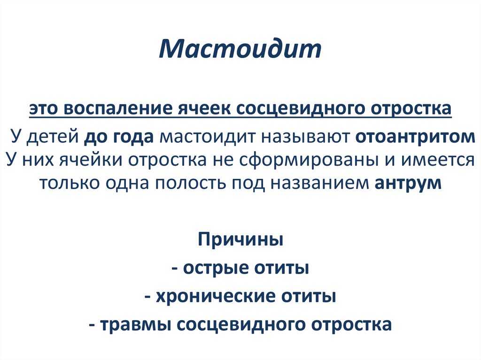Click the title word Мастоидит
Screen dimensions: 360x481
coord(240,49)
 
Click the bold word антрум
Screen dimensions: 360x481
coord(408,182)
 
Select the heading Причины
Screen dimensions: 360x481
coord(240,240)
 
